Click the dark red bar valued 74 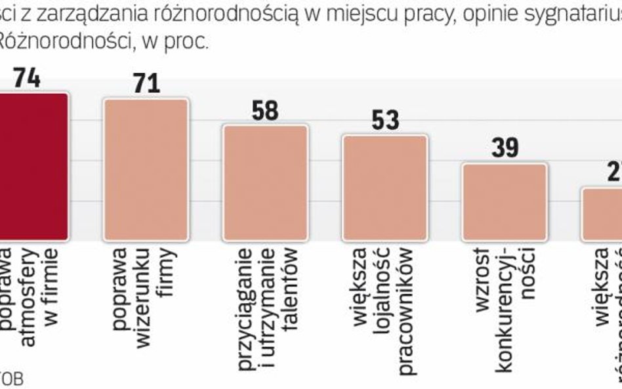(33, 167)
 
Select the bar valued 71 (146, 171)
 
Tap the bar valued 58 (265, 183)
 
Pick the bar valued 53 (385, 188)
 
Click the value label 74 (27, 78)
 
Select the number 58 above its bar (265, 110)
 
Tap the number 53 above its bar (385, 121)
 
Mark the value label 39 (505, 149)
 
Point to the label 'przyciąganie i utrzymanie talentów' (265, 298)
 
